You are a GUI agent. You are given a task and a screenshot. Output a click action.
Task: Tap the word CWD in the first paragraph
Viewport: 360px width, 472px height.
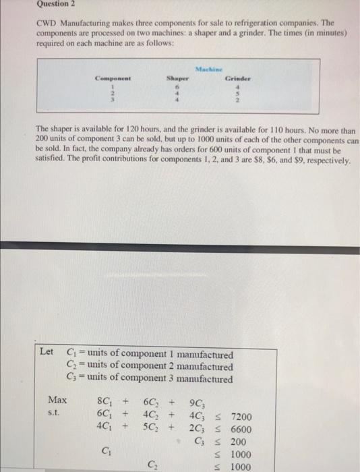point(47,22)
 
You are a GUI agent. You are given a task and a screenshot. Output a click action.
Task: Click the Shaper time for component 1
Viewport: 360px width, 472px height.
point(175,87)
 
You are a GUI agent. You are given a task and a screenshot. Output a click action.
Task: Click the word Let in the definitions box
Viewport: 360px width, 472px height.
point(47,351)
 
